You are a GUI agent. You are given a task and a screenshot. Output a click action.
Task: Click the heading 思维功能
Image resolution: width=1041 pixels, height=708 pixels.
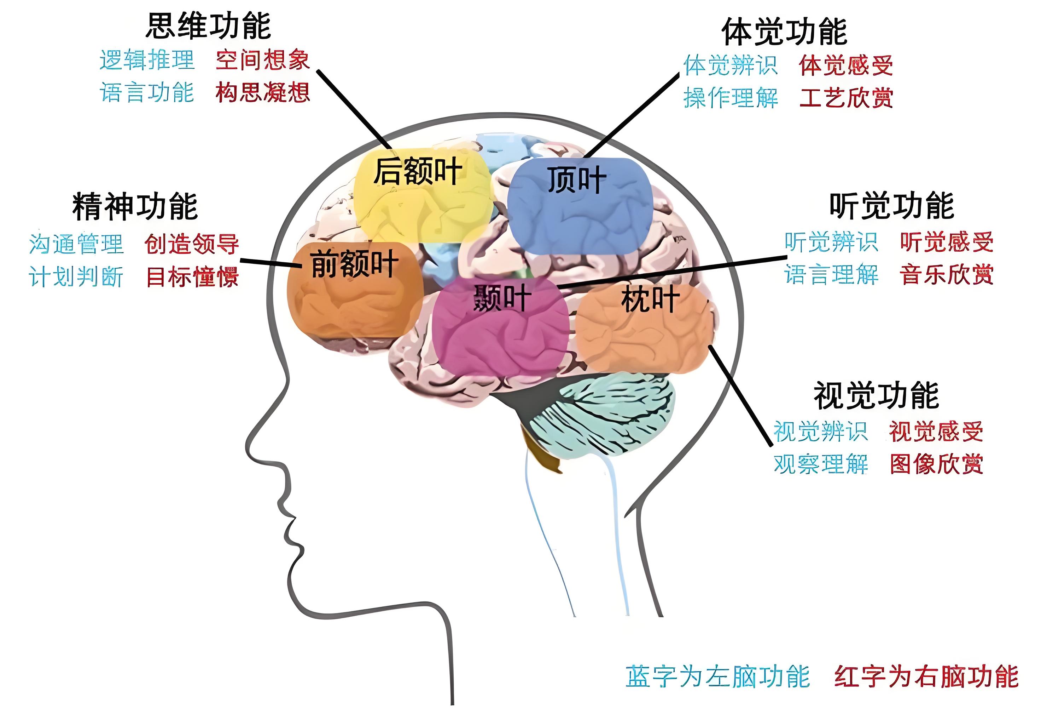pos(208,26)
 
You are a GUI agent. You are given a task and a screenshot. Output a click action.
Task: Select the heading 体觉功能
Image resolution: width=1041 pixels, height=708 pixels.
pos(784,32)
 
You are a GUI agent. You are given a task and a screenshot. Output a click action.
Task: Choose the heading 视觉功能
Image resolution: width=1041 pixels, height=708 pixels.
pos(876,395)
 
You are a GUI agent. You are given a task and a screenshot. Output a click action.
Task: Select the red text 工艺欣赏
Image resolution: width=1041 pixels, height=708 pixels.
pos(846,98)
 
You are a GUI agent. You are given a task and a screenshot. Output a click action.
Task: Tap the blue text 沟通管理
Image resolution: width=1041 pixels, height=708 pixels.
pos(76,244)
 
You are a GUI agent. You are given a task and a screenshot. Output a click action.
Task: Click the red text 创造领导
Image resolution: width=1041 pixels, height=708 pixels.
pos(192,244)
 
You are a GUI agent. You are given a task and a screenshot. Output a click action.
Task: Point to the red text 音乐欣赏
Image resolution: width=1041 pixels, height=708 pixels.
pos(947,274)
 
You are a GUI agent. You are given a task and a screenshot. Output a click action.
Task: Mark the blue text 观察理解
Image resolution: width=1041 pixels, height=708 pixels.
pos(821,464)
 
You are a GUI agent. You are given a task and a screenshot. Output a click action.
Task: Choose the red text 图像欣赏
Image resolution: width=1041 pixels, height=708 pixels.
pos(936,464)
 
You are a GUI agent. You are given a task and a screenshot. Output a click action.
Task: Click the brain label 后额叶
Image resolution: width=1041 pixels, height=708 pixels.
pos(418,171)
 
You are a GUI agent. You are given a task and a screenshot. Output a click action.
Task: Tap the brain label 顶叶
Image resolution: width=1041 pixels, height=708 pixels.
pos(576,180)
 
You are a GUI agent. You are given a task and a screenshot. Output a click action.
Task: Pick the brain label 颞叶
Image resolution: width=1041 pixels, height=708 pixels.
pos(502,298)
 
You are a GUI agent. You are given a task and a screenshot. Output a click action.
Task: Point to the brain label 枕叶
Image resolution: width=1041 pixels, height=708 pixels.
pos(650,299)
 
